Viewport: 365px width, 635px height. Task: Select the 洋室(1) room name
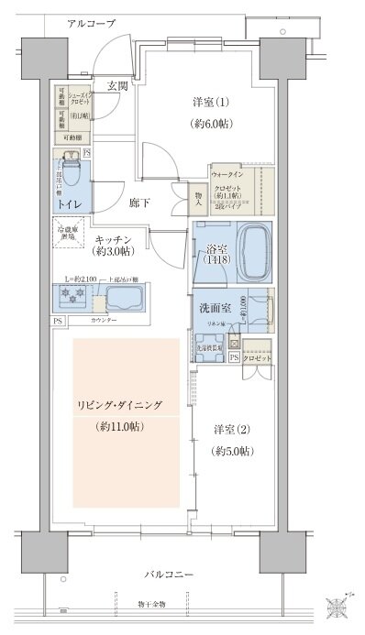pyautogui.click(x=209, y=103)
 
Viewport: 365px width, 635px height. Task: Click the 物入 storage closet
pyautogui.click(x=198, y=195)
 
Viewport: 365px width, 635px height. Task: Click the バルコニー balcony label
pyautogui.click(x=168, y=574)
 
